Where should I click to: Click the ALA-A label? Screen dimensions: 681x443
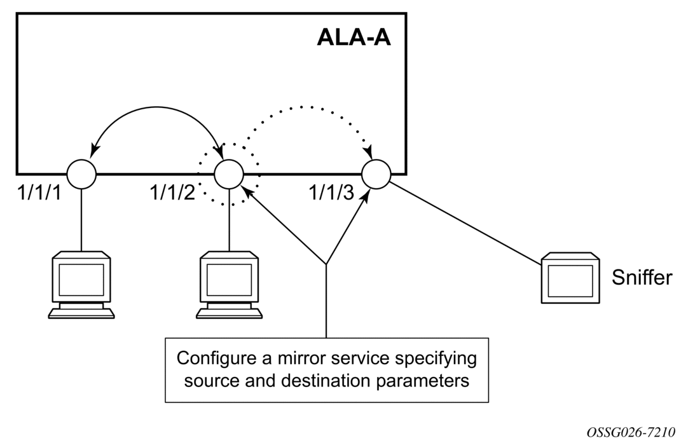click(354, 37)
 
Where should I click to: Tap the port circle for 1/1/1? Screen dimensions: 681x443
click(81, 174)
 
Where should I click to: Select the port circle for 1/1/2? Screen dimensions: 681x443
click(229, 174)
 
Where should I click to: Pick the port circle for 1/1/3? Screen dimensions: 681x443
click(376, 174)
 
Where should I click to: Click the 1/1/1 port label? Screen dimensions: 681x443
click(39, 192)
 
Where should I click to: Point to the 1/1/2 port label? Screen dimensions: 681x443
click(172, 192)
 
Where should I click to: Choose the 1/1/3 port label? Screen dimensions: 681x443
click(331, 192)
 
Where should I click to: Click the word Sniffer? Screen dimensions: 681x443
click(642, 278)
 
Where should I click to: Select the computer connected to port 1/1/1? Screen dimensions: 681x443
click(81, 285)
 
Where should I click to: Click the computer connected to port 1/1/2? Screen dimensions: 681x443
click(229, 285)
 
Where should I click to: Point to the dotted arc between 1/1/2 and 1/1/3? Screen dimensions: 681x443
click(304, 107)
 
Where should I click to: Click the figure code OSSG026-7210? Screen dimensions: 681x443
click(631, 432)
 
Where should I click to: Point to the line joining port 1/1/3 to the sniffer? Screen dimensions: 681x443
click(465, 223)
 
